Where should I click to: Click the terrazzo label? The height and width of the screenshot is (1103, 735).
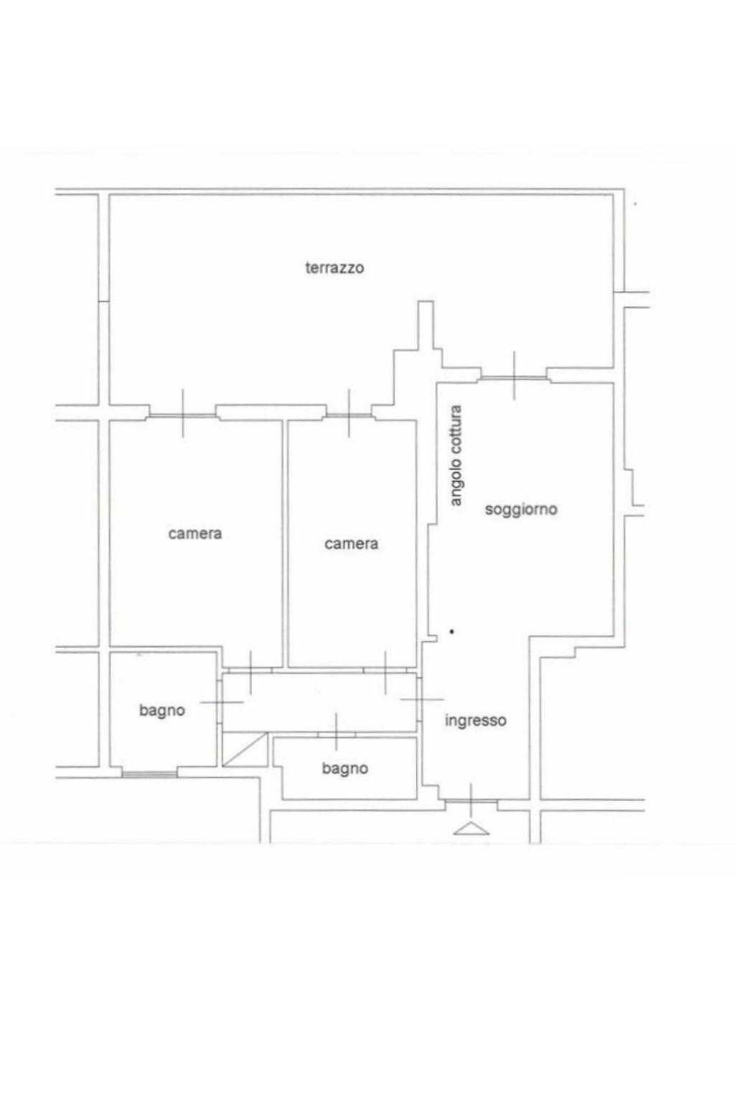point(334,268)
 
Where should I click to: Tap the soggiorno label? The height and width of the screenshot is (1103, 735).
point(521,509)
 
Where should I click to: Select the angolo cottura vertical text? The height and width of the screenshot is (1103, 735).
point(457,455)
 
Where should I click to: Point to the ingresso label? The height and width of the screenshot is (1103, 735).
point(475,721)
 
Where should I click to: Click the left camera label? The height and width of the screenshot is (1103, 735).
point(195,534)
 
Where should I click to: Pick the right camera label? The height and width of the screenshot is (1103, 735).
point(351,544)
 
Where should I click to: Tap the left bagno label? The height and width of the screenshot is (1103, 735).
point(162,710)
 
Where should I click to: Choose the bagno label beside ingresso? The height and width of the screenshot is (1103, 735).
point(345,768)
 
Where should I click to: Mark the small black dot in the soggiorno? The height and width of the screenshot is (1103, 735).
point(451,631)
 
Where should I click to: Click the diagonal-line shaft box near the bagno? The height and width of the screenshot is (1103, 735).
point(245,749)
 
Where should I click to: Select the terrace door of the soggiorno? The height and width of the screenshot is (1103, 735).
point(514,377)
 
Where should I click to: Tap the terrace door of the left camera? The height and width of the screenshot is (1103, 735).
point(183,415)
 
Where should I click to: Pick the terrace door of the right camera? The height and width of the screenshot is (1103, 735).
point(349,415)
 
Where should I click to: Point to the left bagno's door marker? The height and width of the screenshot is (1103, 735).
point(220,702)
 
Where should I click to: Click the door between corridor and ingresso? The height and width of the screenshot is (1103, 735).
point(419,699)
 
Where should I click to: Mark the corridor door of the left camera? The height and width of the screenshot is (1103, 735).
point(250,670)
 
